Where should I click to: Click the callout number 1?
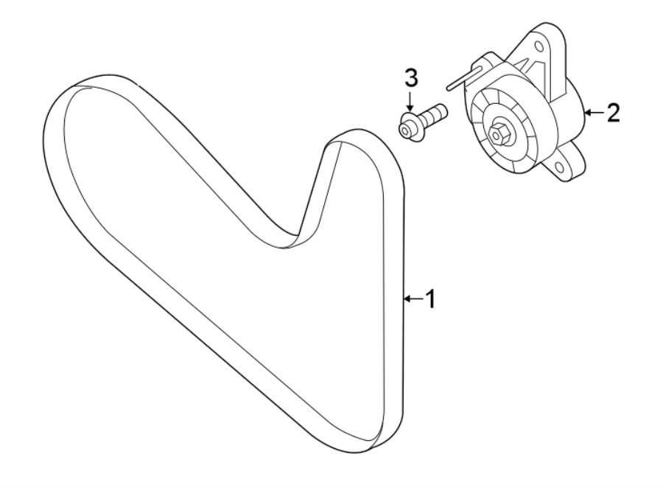(430, 299)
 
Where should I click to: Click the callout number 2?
(612, 113)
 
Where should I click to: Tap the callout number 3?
(410, 77)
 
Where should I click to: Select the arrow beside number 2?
(593, 113)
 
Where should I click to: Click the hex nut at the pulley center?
(500, 133)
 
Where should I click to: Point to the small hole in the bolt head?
(404, 130)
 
